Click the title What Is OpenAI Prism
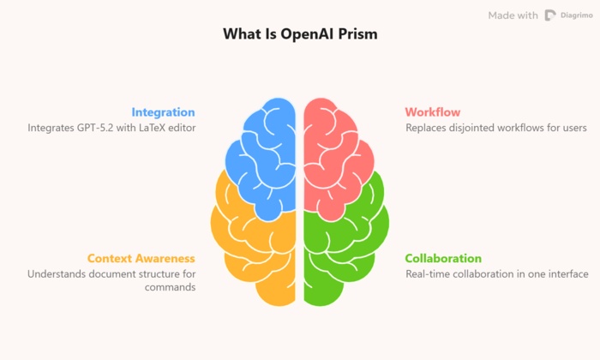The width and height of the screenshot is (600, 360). [299, 34]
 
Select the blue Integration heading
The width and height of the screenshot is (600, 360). [163, 112]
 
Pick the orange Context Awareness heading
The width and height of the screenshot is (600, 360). [141, 258]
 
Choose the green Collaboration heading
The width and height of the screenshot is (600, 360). [443, 258]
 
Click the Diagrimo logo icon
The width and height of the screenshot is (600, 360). [550, 15]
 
